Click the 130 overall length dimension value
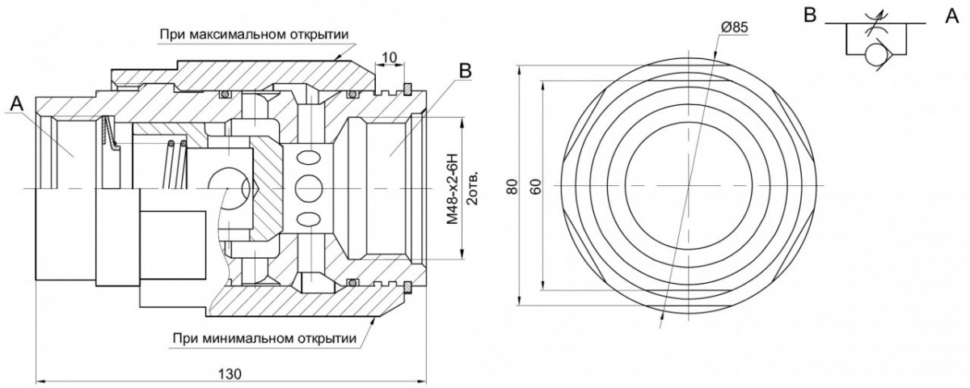tap(230, 374)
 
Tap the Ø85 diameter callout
tap(735, 27)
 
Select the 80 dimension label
tap(512, 186)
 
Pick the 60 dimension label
tap(536, 186)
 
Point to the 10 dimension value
tap(390, 57)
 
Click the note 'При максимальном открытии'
tap(254, 34)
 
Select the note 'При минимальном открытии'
tap(264, 338)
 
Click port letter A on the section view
tap(16, 104)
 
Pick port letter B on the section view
tap(465, 70)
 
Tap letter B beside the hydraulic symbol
tap(810, 15)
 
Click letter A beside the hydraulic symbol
tap(952, 16)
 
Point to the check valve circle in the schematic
tap(875, 55)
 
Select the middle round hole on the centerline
tap(309, 188)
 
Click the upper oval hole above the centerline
tap(309, 158)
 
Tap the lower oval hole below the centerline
tap(309, 217)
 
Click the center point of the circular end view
tap(689, 185)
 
